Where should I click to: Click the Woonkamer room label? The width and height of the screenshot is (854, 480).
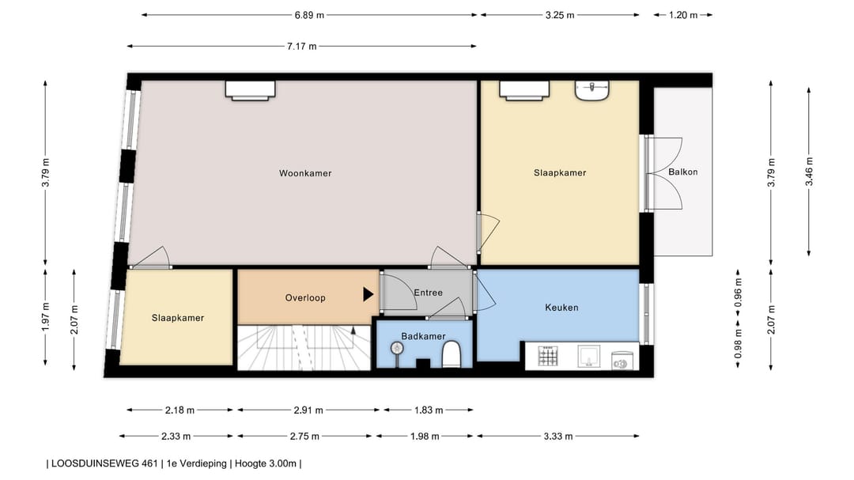point(305,173)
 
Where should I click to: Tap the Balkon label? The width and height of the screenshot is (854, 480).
point(683,172)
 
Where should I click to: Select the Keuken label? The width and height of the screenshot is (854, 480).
point(561,308)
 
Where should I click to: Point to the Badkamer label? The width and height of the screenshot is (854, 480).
point(423,336)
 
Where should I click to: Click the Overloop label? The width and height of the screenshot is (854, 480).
point(305,297)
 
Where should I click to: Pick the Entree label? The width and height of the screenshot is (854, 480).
point(428,293)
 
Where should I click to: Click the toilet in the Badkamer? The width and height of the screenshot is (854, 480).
point(452,354)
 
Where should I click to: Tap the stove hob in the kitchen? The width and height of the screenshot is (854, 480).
point(548,357)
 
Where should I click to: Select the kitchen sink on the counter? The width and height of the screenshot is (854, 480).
point(589,357)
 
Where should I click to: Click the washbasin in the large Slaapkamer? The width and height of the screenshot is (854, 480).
point(592,90)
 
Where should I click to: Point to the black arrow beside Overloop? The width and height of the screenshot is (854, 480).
point(368,295)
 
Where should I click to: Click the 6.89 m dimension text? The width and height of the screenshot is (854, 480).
point(309,15)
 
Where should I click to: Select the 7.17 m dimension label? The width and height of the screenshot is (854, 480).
point(302,47)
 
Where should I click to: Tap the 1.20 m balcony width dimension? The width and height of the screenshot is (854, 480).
point(683,15)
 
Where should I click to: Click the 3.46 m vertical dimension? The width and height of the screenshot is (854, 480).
point(810,172)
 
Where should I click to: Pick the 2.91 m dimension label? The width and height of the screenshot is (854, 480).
point(308,410)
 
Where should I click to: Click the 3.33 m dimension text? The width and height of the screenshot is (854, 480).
point(557,437)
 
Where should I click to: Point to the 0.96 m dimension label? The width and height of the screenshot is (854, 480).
point(739,293)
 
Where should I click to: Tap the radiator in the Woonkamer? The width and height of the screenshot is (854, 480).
point(251,90)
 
